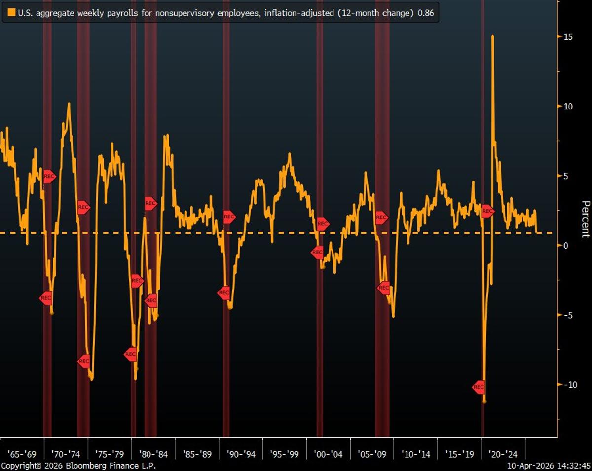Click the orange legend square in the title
pos(12,13)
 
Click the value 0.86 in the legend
pos(426,13)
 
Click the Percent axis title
pos(585,219)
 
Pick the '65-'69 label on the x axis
pos(21,454)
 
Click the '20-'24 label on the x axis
pos(503,454)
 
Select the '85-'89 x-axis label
pos(197,454)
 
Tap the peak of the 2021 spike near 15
pos(492,36)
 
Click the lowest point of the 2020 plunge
pos(484,401)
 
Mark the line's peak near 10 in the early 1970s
pos(69,104)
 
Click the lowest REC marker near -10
pos(479,387)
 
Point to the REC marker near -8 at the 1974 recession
pos(84,361)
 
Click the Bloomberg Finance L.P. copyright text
pos(79,466)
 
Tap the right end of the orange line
pos(537,232)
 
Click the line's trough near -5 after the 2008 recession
pos(393,316)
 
